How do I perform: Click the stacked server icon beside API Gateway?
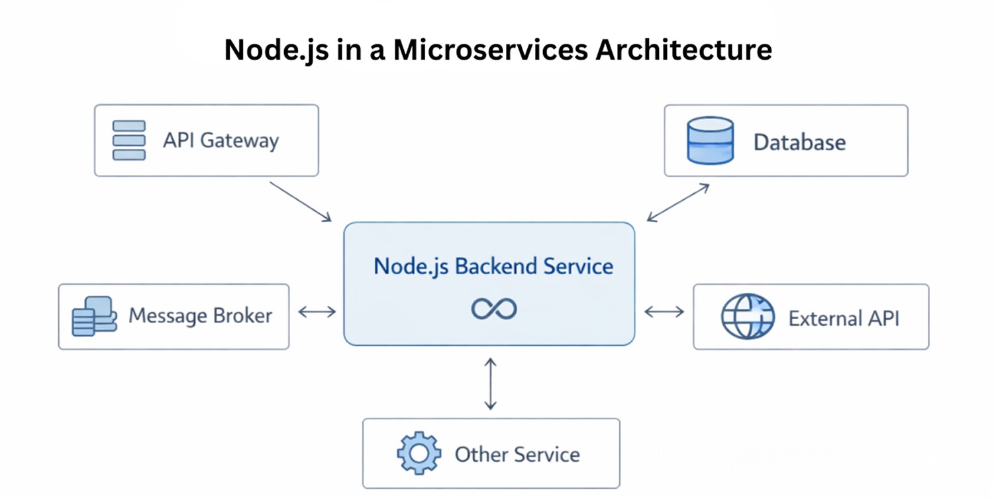(x=129, y=140)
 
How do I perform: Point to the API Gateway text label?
(x=221, y=140)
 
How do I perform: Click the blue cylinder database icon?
(x=711, y=140)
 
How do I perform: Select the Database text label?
(x=799, y=142)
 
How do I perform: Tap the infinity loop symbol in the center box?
(x=494, y=309)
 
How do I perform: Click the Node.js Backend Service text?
(x=493, y=266)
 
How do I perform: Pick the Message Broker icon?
(x=94, y=317)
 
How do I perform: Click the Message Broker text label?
(x=200, y=316)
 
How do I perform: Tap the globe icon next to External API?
(x=748, y=317)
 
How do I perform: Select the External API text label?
(x=844, y=319)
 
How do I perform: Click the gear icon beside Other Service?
(x=419, y=454)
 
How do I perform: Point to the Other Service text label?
(x=517, y=454)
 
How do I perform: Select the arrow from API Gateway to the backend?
(x=300, y=201)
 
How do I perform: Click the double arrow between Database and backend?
(x=678, y=203)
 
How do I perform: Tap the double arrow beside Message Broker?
(x=317, y=312)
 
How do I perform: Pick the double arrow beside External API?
(x=664, y=312)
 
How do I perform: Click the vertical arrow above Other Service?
(x=490, y=383)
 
